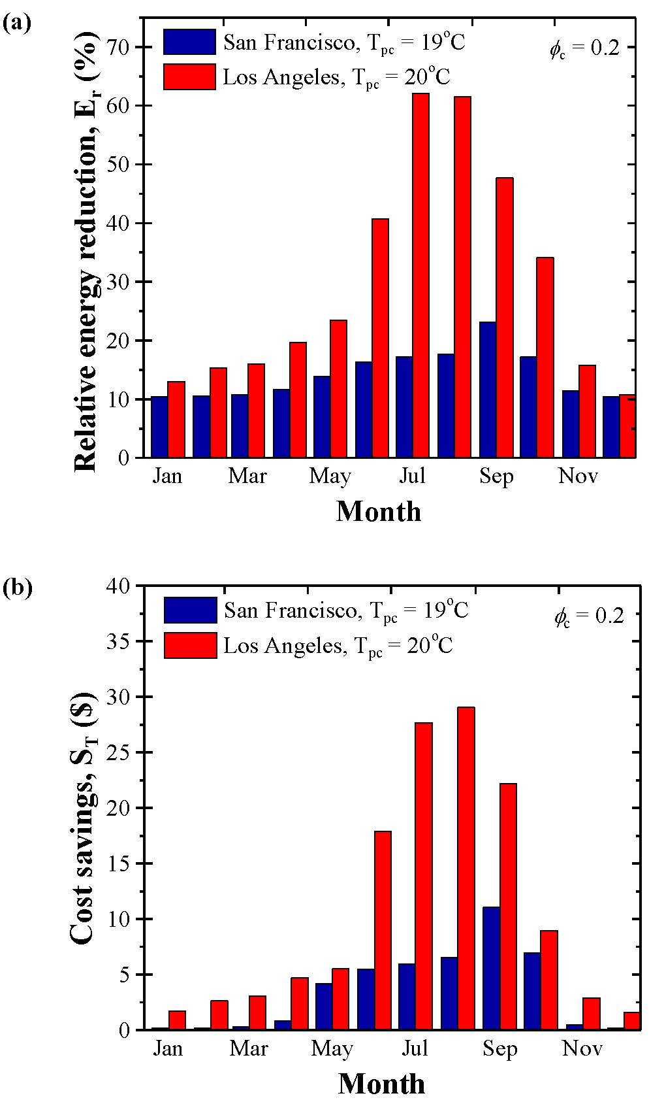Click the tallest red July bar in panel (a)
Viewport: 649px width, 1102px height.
click(x=420, y=275)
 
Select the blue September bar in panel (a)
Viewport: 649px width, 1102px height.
click(x=487, y=390)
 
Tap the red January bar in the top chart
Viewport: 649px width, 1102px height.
click(x=176, y=419)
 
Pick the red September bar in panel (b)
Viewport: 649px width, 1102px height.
click(x=508, y=906)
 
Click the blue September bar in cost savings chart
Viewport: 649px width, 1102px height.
click(x=491, y=968)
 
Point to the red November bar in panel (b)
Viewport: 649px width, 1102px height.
click(x=592, y=1014)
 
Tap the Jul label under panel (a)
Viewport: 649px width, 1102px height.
click(x=412, y=476)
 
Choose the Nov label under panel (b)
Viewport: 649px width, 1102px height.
click(x=582, y=1048)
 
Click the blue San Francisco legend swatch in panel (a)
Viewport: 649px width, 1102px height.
click(x=189, y=42)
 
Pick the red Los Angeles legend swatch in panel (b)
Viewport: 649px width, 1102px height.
click(x=190, y=645)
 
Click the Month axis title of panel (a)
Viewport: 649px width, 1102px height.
click(x=379, y=511)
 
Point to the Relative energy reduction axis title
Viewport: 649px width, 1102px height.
click(x=87, y=255)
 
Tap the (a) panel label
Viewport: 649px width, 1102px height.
click(x=17, y=24)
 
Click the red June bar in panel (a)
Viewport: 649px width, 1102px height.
click(x=380, y=338)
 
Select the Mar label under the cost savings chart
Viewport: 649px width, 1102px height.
click(x=249, y=1048)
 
